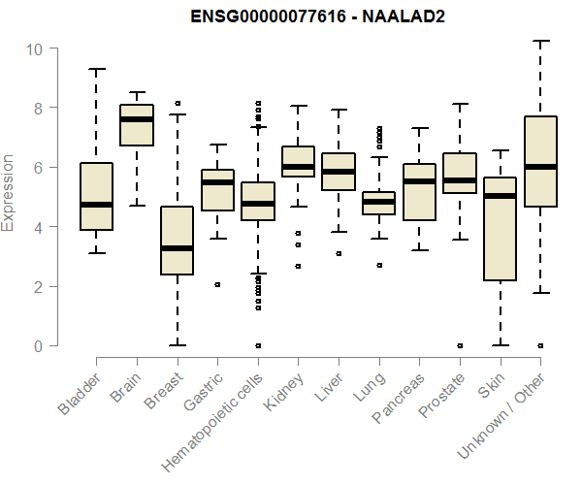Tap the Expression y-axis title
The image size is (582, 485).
9,192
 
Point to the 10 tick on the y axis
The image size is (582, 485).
36,48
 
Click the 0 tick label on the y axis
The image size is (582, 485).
36,346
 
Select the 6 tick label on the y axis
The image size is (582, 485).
36,168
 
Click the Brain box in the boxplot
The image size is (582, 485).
137,125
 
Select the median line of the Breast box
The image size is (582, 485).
177,248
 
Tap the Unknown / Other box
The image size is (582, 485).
540,161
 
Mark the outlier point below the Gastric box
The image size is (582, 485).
217,285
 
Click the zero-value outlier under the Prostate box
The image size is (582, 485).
460,345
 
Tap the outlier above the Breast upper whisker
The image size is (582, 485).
177,103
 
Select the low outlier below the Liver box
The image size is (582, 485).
339,253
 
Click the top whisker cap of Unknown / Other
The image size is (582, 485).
540,41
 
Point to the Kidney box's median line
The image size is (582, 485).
298,167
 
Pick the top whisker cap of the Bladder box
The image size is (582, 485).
96,69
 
